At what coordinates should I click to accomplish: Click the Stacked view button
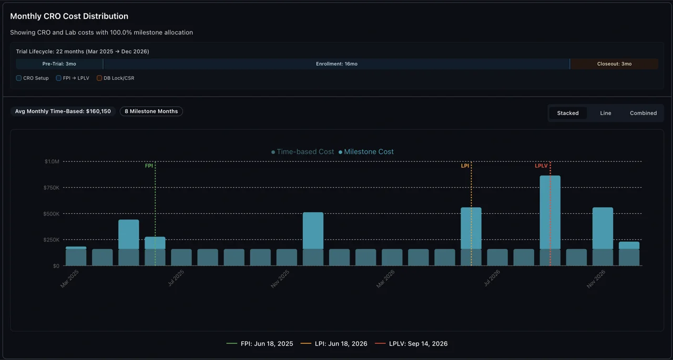[568, 113]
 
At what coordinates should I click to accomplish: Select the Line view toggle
[606, 113]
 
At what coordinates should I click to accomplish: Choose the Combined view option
[643, 113]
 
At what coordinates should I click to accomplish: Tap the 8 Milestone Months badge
[151, 111]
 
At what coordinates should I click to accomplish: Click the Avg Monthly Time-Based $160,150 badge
[63, 111]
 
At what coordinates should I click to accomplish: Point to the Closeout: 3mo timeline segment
[614, 64]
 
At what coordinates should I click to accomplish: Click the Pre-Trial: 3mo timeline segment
[59, 64]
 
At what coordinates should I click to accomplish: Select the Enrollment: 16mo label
[336, 64]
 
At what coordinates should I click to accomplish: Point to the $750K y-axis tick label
[52, 188]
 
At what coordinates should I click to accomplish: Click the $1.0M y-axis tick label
[52, 161]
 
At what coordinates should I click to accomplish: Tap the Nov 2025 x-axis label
[281, 278]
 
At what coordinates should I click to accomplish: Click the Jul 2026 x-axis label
[492, 278]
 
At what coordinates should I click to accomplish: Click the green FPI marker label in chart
[149, 166]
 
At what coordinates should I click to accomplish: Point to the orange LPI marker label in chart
[465, 166]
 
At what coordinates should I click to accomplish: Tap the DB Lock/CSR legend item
[116, 78]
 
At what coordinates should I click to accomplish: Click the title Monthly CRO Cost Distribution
[69, 16]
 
